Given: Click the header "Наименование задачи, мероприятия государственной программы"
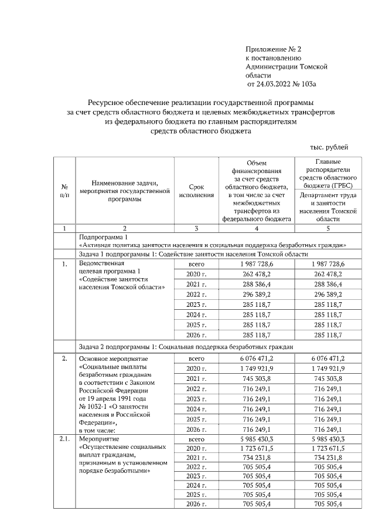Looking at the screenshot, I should (124, 190).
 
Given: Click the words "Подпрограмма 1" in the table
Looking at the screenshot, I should (103, 236).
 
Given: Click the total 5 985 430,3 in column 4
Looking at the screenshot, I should (257, 439).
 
